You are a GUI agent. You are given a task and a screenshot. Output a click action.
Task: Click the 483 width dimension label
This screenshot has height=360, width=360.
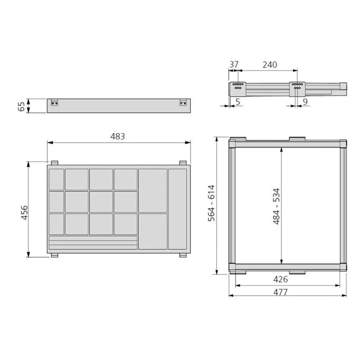[117, 136]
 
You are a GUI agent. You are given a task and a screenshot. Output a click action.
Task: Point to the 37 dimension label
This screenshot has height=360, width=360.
[234, 64]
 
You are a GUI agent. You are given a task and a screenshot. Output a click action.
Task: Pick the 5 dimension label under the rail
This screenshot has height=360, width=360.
[237, 102]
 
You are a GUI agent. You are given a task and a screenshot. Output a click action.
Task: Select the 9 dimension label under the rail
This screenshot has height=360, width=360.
[305, 102]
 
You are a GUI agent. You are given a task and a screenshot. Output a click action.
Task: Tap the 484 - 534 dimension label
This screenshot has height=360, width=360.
[276, 206]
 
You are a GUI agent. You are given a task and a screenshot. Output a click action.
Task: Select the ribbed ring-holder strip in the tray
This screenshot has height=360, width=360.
[93, 243]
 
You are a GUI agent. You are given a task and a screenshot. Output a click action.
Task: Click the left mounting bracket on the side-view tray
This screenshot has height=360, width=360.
[55, 103]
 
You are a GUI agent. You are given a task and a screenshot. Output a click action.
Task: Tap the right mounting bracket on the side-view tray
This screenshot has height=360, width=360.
[184, 103]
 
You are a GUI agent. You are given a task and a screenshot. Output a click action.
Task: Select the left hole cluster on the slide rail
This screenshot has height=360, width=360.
[238, 86]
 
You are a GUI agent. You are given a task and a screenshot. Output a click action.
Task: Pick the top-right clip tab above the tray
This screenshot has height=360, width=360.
[183, 163]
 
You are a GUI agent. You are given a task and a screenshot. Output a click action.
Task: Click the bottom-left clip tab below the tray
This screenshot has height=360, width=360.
[54, 256]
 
